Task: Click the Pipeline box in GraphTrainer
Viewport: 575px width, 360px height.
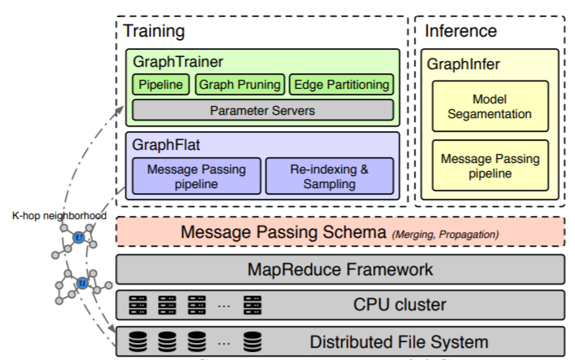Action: pyautogui.click(x=161, y=85)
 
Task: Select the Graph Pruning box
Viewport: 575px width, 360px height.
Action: pyautogui.click(x=241, y=85)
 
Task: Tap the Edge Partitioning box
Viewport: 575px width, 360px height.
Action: pyautogui.click(x=342, y=85)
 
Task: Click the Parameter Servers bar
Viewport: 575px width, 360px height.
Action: pyautogui.click(x=262, y=110)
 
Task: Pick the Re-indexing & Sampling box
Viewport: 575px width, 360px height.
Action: pyautogui.click(x=330, y=174)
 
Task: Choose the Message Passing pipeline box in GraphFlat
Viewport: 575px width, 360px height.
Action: pyautogui.click(x=197, y=174)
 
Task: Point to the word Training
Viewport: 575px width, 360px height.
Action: pyautogui.click(x=154, y=32)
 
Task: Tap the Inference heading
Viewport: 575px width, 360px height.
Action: pyautogui.click(x=460, y=32)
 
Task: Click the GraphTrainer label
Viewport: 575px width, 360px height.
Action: pyautogui.click(x=169, y=62)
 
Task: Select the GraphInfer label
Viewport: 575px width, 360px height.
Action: pyautogui.click(x=464, y=62)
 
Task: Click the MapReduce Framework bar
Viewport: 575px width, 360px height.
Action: pyautogui.click(x=340, y=269)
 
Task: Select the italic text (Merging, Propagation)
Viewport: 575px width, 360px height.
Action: pyautogui.click(x=445, y=235)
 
